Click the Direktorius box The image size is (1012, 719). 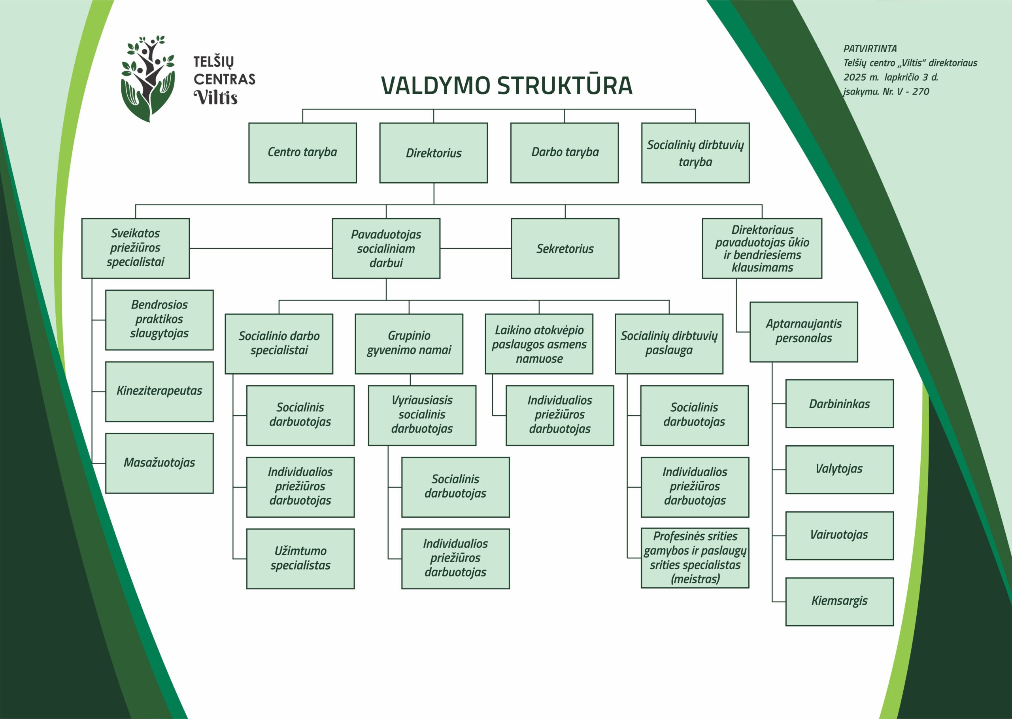click(x=433, y=153)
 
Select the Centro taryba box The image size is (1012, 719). click(x=302, y=153)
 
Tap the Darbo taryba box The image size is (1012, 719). click(x=564, y=153)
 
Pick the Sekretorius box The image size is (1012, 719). click(x=565, y=248)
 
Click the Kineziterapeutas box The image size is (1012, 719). click(x=159, y=392)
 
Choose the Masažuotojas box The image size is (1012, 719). click(x=159, y=463)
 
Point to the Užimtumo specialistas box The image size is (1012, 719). click(x=300, y=558)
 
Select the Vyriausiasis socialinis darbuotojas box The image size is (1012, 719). click(x=422, y=415)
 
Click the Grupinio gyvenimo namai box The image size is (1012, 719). click(x=408, y=344)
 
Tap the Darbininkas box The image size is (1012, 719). click(x=839, y=403)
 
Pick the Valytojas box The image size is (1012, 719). click(x=839, y=469)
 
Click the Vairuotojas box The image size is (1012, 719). click(x=839, y=535)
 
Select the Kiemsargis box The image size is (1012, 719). click(x=839, y=601)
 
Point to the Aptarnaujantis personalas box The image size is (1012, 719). click(x=803, y=331)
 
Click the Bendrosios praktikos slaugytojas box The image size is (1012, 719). click(x=159, y=320)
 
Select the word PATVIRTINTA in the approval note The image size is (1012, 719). click(x=870, y=49)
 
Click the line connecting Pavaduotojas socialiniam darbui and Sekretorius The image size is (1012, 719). click(x=475, y=248)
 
